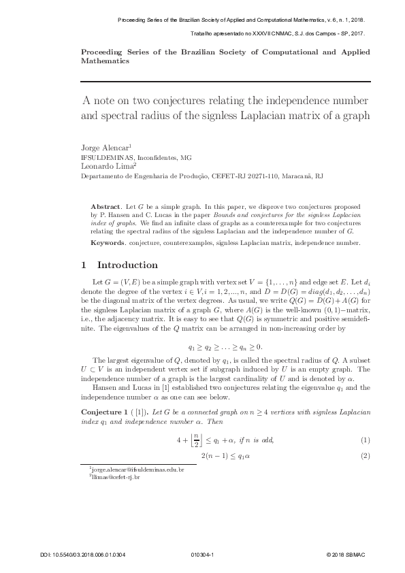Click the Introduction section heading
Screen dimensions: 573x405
click(128, 265)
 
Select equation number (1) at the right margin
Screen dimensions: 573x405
click(365, 440)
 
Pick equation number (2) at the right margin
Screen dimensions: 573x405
click(365, 455)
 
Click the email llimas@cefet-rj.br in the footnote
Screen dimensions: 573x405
click(117, 477)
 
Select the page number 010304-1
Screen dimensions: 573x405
click(203, 555)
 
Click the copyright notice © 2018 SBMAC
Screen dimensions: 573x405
click(345, 555)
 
